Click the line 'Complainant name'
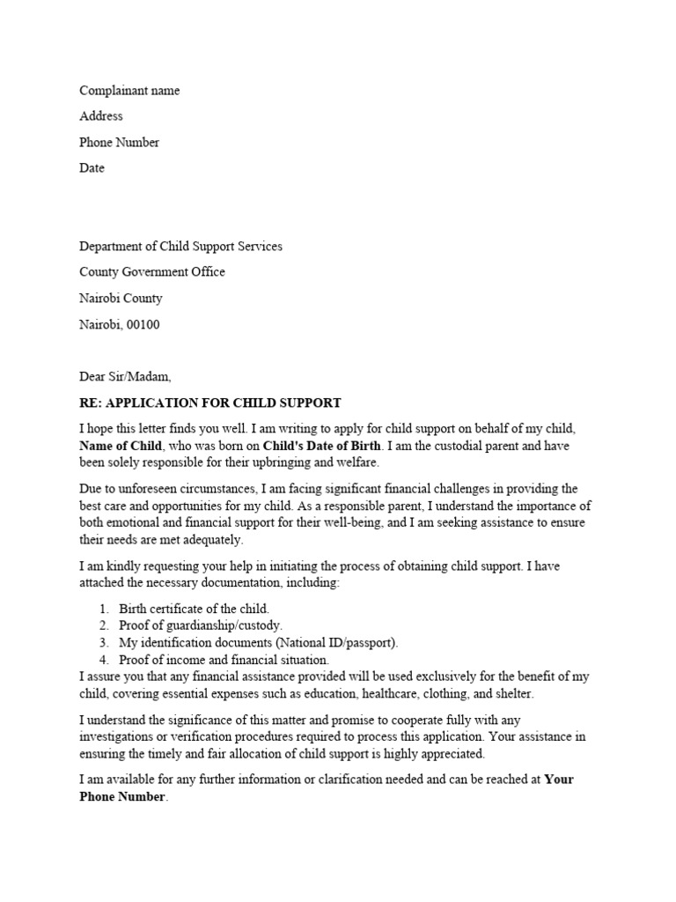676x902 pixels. pos(129,91)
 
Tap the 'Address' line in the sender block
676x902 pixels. pos(101,116)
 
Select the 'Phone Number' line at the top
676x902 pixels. pos(120,142)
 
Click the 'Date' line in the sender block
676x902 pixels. pos(92,167)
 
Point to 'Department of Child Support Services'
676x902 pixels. pos(181,246)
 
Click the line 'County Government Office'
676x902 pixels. pos(152,272)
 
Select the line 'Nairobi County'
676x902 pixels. pos(121,298)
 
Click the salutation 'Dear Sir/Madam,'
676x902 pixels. pos(126,376)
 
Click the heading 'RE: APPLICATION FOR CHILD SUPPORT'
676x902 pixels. pos(210,403)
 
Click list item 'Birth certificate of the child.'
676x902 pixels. pos(194,609)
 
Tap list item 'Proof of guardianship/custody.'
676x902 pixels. pos(195,625)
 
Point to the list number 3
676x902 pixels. pos(103,642)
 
